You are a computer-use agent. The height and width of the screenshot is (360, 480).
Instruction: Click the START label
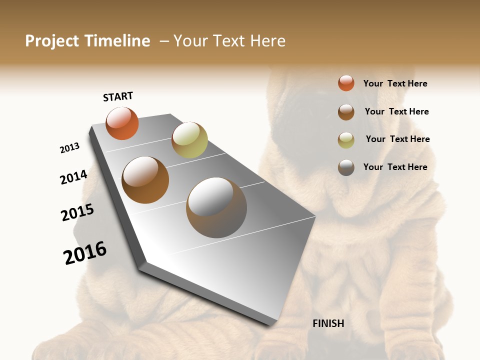[x=118, y=96]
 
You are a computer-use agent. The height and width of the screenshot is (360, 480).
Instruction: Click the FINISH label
[x=328, y=323]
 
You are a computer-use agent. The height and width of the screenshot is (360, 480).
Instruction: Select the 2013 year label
[x=69, y=148]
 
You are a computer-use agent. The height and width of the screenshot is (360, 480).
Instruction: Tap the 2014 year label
[x=73, y=177]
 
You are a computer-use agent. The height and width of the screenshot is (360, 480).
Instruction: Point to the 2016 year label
[x=85, y=253]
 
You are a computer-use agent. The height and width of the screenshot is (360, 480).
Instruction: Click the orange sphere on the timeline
[x=122, y=123]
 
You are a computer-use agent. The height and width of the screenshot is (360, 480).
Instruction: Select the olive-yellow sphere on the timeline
[x=189, y=140]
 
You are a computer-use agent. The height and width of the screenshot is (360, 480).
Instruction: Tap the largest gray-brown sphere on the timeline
[x=216, y=207]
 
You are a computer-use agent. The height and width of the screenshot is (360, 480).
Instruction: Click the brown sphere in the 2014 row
[x=145, y=180]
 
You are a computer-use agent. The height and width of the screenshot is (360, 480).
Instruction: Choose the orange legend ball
[x=346, y=83]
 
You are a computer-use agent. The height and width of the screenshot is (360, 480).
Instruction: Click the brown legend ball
[x=346, y=112]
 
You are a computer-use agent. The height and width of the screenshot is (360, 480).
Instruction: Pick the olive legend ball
[x=346, y=140]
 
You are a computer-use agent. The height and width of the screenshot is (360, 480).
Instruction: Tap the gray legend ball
[x=346, y=167]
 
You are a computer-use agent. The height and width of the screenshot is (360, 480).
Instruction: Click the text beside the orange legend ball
[x=395, y=83]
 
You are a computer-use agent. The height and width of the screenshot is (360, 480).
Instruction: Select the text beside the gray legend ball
[x=395, y=167]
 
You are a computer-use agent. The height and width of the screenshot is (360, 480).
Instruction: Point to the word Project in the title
[x=52, y=41]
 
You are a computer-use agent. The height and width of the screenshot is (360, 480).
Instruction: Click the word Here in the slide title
[x=267, y=41]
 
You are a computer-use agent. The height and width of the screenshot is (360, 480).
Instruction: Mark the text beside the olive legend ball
[x=397, y=139]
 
